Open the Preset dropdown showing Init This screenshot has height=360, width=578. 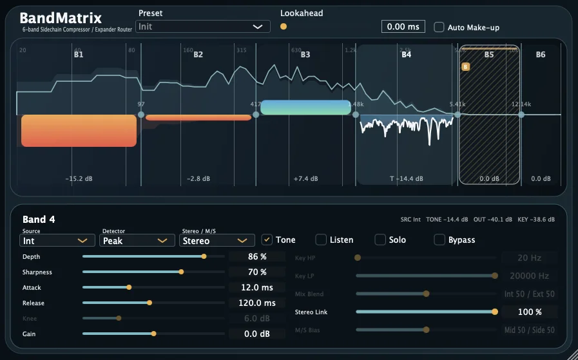pyautogui.click(x=203, y=26)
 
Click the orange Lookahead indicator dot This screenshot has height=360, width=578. pyautogui.click(x=284, y=26)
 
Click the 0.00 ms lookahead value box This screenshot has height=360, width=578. pyautogui.click(x=403, y=26)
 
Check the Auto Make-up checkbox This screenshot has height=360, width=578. pyautogui.click(x=439, y=27)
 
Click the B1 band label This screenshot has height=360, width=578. pyautogui.click(x=79, y=55)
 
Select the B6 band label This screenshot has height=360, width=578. pyautogui.click(x=541, y=55)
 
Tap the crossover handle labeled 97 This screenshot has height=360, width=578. pyautogui.click(x=141, y=115)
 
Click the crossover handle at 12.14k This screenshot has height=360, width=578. pyautogui.click(x=521, y=115)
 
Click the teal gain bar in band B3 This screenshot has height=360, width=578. pyautogui.click(x=305, y=108)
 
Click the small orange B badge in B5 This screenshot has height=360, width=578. pyautogui.click(x=466, y=66)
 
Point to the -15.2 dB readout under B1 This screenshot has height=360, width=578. pyautogui.click(x=79, y=178)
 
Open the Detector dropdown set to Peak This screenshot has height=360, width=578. pyautogui.click(x=137, y=240)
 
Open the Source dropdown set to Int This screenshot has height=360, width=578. pyautogui.click(x=57, y=240)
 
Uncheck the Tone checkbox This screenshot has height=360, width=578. pyautogui.click(x=267, y=240)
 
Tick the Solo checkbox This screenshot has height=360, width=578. pyautogui.click(x=380, y=240)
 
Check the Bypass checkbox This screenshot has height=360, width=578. pyautogui.click(x=439, y=240)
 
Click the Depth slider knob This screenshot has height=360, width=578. pyautogui.click(x=204, y=256)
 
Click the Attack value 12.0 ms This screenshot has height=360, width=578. pyautogui.click(x=257, y=287)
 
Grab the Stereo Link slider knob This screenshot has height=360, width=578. pyautogui.click(x=495, y=312)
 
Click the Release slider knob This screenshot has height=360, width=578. pyautogui.click(x=149, y=303)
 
